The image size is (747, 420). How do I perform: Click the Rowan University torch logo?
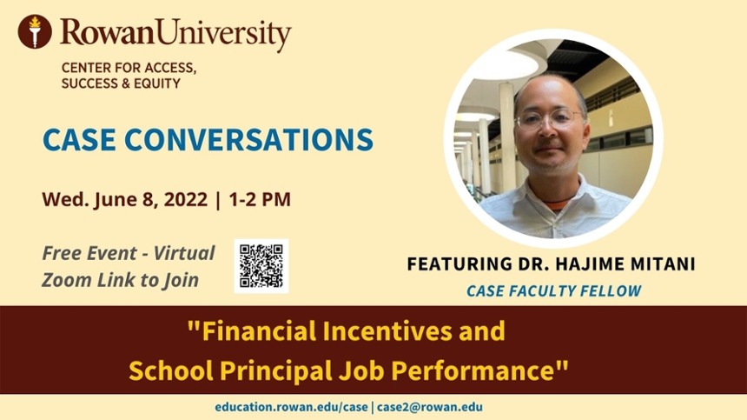pos(35,31)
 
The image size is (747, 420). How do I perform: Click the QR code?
pos(261,266)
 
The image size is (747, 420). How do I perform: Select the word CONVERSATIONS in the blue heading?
pos(248,140)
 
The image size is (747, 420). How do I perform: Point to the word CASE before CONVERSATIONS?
pos(79,140)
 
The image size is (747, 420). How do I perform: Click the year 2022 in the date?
pos(186,199)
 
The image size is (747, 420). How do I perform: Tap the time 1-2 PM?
pos(260,199)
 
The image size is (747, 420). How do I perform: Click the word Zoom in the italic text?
pos(67,280)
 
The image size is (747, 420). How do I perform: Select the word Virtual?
pos(184,253)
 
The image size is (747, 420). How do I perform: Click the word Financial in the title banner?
pos(259,330)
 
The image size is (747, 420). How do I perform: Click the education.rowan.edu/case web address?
pos(291,407)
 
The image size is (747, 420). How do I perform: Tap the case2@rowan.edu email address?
pos(430,407)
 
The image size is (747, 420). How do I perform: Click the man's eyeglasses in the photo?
pos(549,119)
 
